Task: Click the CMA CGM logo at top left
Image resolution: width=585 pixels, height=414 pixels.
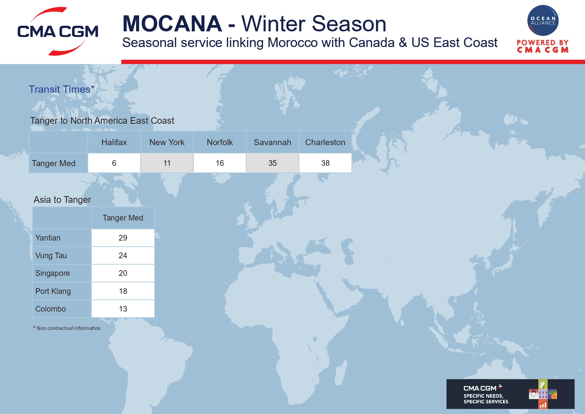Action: coord(58,31)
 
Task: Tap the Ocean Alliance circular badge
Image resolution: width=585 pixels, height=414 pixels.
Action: coord(543,20)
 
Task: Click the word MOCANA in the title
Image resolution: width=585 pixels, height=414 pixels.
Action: coord(172,24)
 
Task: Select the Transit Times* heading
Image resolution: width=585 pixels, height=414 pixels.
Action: coord(62,89)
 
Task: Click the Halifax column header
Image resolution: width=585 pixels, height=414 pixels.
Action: coord(114,142)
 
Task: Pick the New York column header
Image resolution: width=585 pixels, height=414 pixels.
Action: coord(167,142)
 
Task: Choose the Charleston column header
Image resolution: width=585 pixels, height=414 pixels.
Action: coord(325,142)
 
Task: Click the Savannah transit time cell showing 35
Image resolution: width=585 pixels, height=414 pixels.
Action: coord(272,163)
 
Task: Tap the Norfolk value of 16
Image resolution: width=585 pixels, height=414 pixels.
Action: coord(220,163)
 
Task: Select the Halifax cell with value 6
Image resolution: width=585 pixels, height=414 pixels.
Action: coord(114,163)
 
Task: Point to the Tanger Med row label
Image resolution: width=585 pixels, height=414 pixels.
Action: coord(54,163)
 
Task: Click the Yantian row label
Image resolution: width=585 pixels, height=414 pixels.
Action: coord(48,238)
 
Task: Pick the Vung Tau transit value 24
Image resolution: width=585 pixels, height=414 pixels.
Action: coord(123,256)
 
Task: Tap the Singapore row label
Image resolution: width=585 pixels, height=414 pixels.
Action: coord(53,273)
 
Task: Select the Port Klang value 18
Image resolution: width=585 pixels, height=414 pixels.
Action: coord(123,291)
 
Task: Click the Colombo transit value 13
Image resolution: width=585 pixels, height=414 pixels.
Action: coord(123,309)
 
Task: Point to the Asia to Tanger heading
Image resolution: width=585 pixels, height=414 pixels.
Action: coord(62,200)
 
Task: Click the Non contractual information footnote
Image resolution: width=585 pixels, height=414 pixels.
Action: coord(67,328)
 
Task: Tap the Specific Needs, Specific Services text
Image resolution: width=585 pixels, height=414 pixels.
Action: coord(486,399)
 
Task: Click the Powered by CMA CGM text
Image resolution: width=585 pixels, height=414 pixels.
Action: coord(543,46)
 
